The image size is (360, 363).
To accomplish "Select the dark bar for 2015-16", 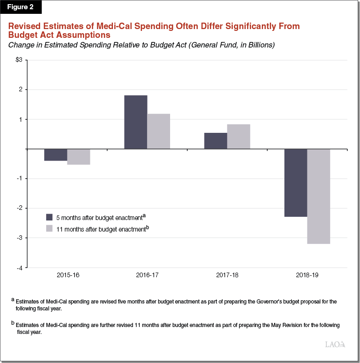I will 56,155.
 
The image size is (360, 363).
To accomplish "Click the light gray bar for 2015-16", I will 78,157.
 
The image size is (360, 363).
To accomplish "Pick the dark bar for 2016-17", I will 136,122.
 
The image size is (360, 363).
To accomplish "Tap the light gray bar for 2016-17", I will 159,131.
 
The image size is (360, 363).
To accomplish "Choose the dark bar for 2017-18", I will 216,141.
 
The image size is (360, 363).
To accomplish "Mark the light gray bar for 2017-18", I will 239,137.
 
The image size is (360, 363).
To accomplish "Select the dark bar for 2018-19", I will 295,183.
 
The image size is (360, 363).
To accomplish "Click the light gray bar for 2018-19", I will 319,196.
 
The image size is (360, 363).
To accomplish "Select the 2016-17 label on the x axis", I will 147,275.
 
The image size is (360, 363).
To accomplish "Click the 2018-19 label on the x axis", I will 307,275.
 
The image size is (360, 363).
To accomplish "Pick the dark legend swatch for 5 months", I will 49,217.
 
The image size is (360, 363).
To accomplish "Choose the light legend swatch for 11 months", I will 49,228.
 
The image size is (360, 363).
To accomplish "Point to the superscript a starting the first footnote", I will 13,300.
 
